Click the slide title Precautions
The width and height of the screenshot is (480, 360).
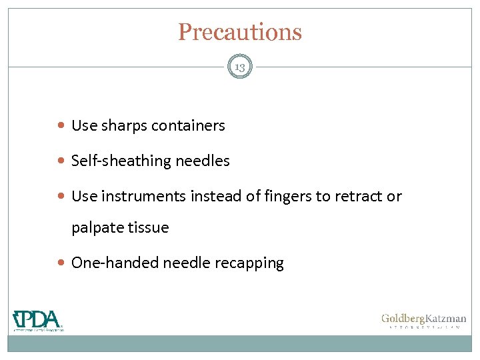point(239,32)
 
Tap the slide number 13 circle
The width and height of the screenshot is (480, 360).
point(239,67)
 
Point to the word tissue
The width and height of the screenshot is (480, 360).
point(148,228)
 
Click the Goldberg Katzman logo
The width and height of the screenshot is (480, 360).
point(423,321)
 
